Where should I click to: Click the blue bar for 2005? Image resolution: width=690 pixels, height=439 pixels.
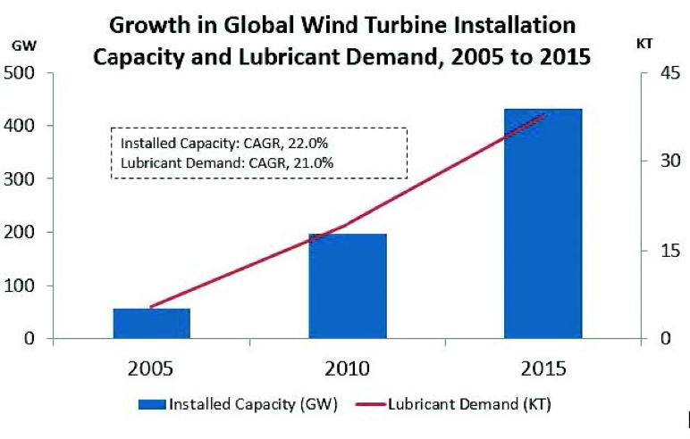(151, 323)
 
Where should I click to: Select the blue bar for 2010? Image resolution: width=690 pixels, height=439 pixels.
(347, 286)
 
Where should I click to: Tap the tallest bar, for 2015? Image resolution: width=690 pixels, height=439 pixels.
(543, 223)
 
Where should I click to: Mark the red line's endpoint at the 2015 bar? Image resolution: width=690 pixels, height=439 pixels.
(544, 114)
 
